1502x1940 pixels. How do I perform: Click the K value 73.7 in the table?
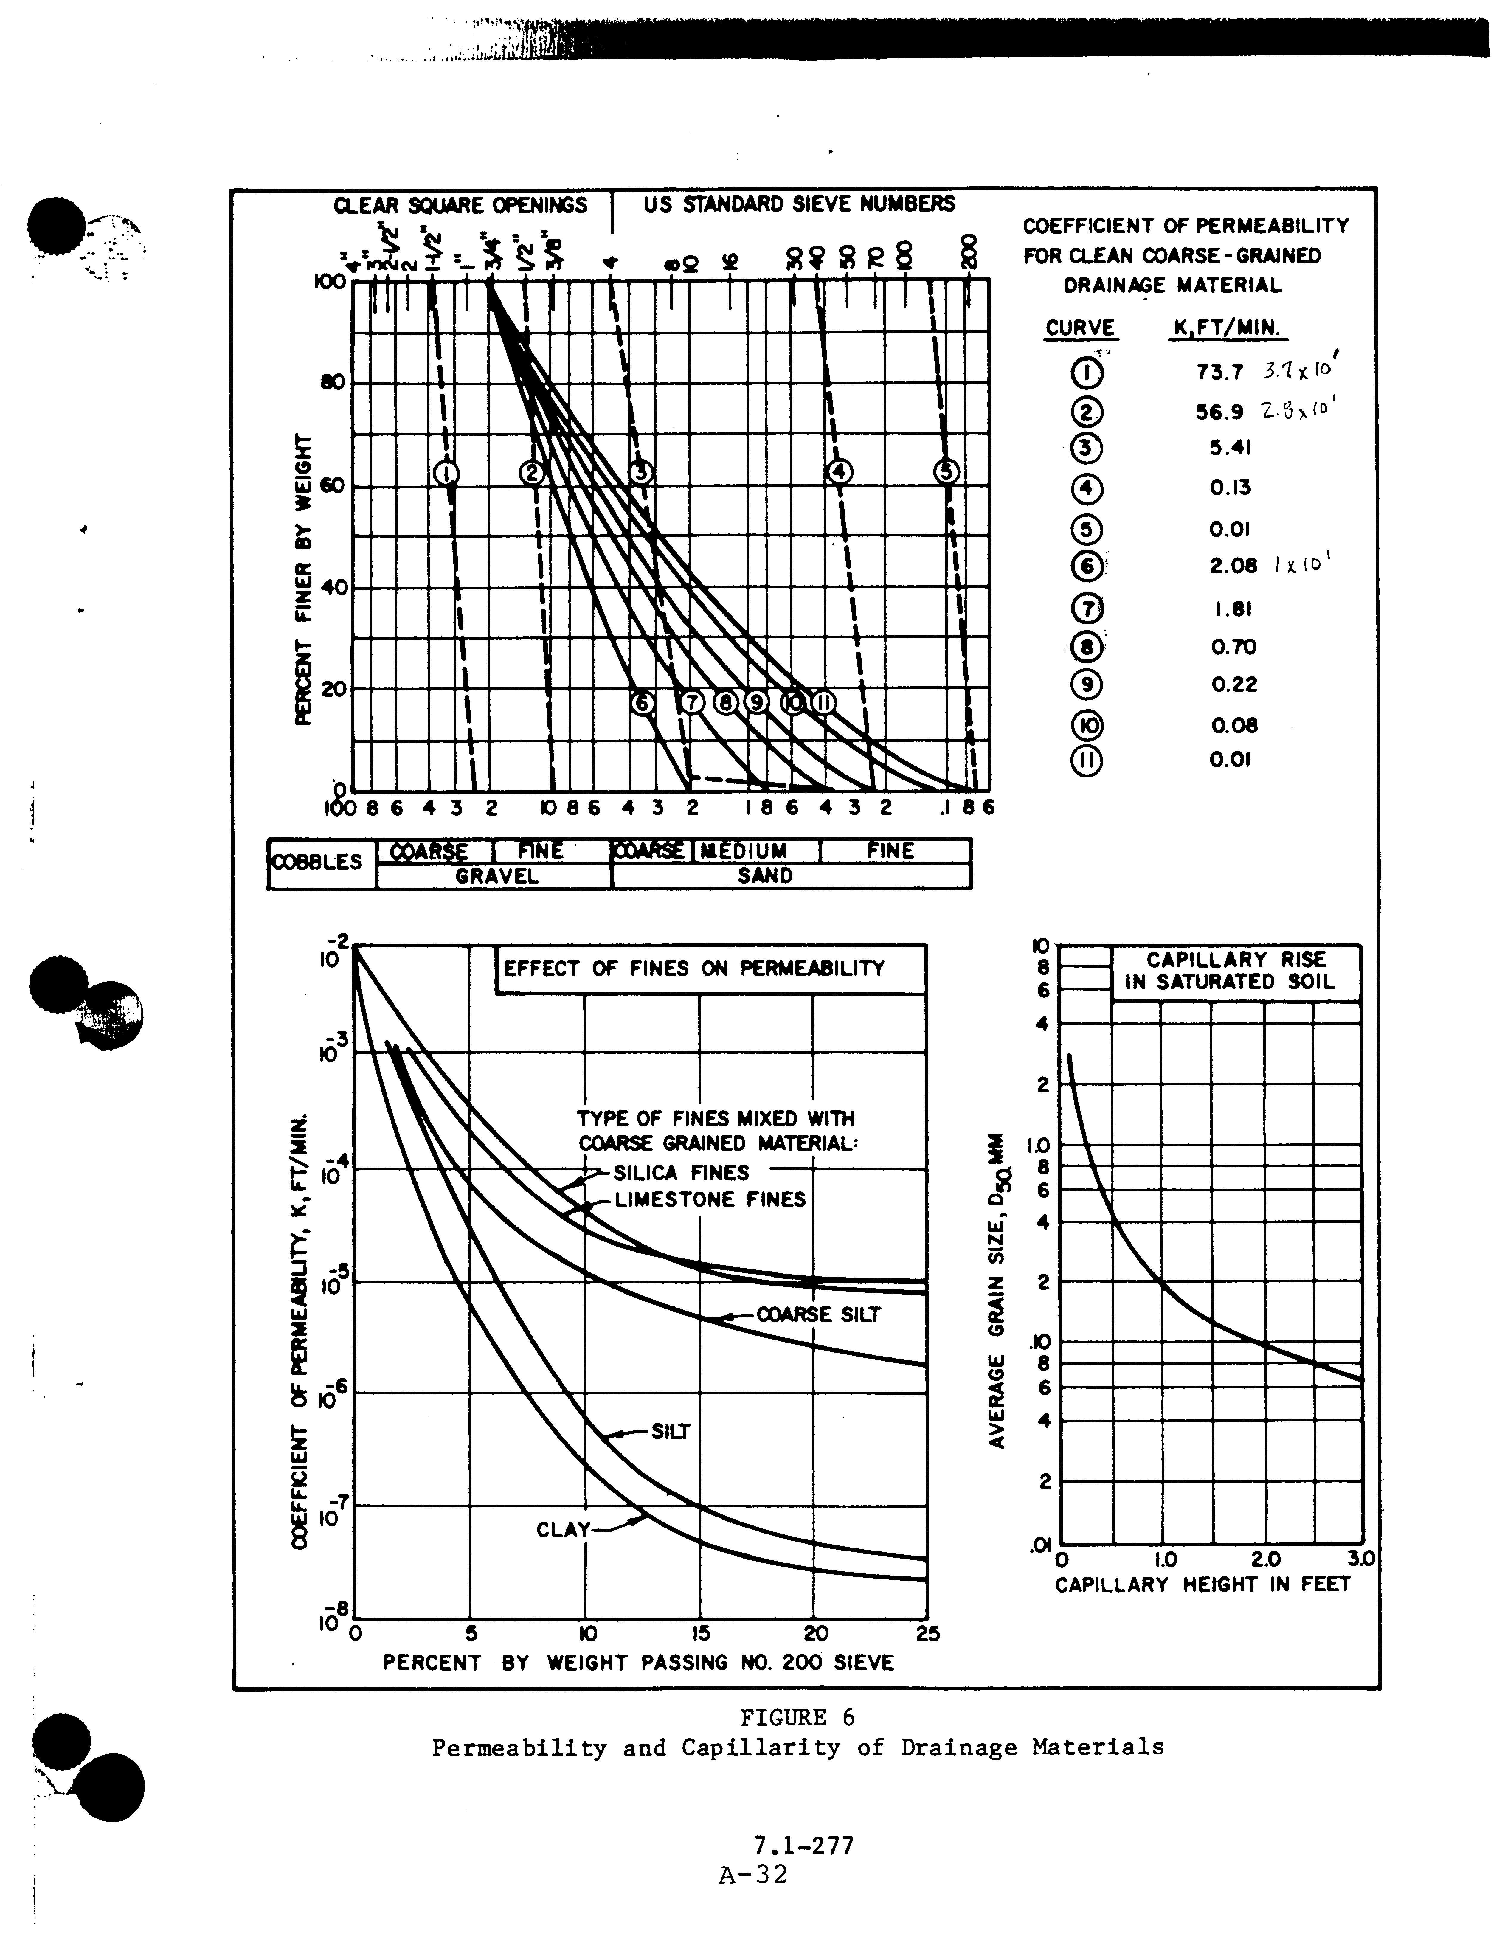click(1220, 372)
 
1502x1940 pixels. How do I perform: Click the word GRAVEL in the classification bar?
click(497, 877)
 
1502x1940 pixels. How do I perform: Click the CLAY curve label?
click(563, 1530)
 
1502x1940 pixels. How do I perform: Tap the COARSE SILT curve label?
click(818, 1315)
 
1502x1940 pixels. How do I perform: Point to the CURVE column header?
click(1080, 328)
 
